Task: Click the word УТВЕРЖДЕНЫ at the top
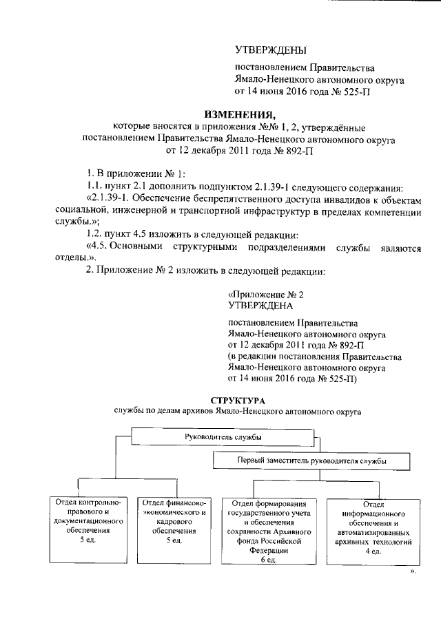270,50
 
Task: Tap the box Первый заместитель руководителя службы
311,459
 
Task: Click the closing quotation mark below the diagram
413,571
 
